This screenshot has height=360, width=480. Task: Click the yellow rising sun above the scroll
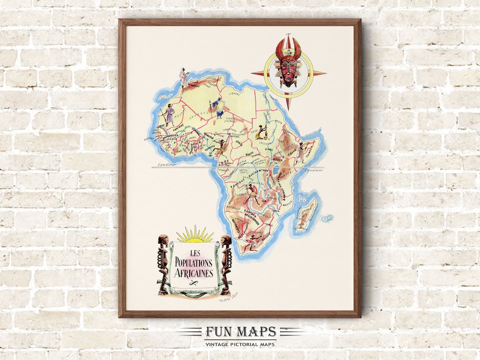click(194, 236)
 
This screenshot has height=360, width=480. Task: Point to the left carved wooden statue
click(163, 264)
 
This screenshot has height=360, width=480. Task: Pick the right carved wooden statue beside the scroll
click(226, 264)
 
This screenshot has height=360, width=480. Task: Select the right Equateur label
click(313, 169)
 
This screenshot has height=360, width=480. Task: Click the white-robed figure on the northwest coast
click(183, 77)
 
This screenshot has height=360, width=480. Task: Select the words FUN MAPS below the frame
click(240, 332)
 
